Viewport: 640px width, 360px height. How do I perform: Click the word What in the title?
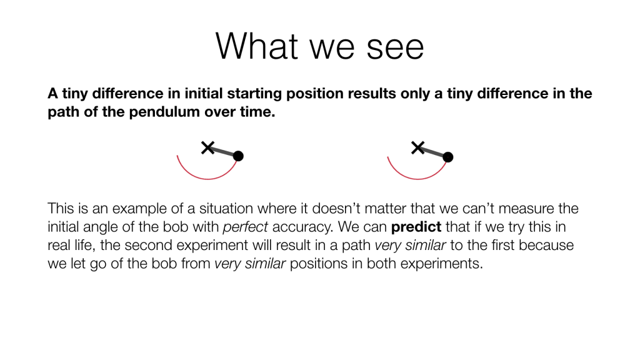point(257,46)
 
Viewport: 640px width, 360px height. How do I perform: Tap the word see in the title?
point(395,48)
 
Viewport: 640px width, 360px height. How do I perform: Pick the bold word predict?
point(416,227)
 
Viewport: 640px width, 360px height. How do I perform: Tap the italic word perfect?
point(245,227)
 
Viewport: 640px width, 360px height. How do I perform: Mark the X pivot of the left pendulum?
point(207,147)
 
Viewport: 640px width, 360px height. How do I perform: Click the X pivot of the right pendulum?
point(417,147)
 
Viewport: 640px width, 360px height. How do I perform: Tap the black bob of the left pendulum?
point(238,156)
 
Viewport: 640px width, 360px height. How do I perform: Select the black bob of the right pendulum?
point(447,157)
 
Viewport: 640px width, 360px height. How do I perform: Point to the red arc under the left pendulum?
point(207,179)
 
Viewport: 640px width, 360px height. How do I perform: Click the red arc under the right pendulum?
point(417,179)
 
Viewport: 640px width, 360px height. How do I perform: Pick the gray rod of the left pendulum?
point(223,152)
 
